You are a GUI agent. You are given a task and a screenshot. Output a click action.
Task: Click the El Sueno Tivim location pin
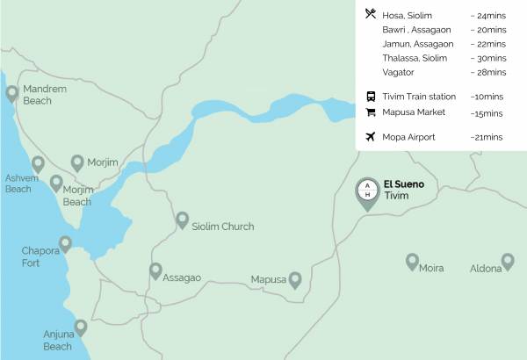(368, 192)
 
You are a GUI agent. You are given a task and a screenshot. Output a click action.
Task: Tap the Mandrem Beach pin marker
(11, 93)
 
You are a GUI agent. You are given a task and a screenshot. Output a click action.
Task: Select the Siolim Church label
(222, 227)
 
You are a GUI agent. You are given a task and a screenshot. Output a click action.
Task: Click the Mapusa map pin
(295, 279)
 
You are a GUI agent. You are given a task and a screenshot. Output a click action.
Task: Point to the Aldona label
(486, 268)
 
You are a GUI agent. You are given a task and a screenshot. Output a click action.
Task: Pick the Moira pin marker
(412, 261)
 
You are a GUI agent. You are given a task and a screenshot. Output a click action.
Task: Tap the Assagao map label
(182, 277)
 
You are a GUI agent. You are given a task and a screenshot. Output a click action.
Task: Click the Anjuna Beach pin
(81, 328)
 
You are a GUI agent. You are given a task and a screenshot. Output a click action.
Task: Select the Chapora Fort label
(40, 256)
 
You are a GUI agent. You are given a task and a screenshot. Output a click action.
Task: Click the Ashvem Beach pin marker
(38, 164)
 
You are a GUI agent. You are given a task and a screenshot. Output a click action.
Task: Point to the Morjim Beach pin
(56, 183)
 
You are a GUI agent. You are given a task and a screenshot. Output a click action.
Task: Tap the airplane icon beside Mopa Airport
(370, 137)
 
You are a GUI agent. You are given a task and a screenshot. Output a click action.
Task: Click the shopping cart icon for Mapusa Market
(370, 112)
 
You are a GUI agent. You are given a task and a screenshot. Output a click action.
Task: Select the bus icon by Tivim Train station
(370, 96)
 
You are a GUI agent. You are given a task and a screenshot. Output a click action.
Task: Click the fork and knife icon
(370, 15)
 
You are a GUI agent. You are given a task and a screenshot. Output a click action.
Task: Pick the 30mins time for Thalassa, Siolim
(488, 58)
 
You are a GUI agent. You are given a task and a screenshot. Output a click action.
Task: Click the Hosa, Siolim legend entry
(408, 16)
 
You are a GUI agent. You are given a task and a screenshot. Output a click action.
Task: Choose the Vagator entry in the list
(400, 72)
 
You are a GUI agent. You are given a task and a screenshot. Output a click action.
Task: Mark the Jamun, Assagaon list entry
(418, 44)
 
